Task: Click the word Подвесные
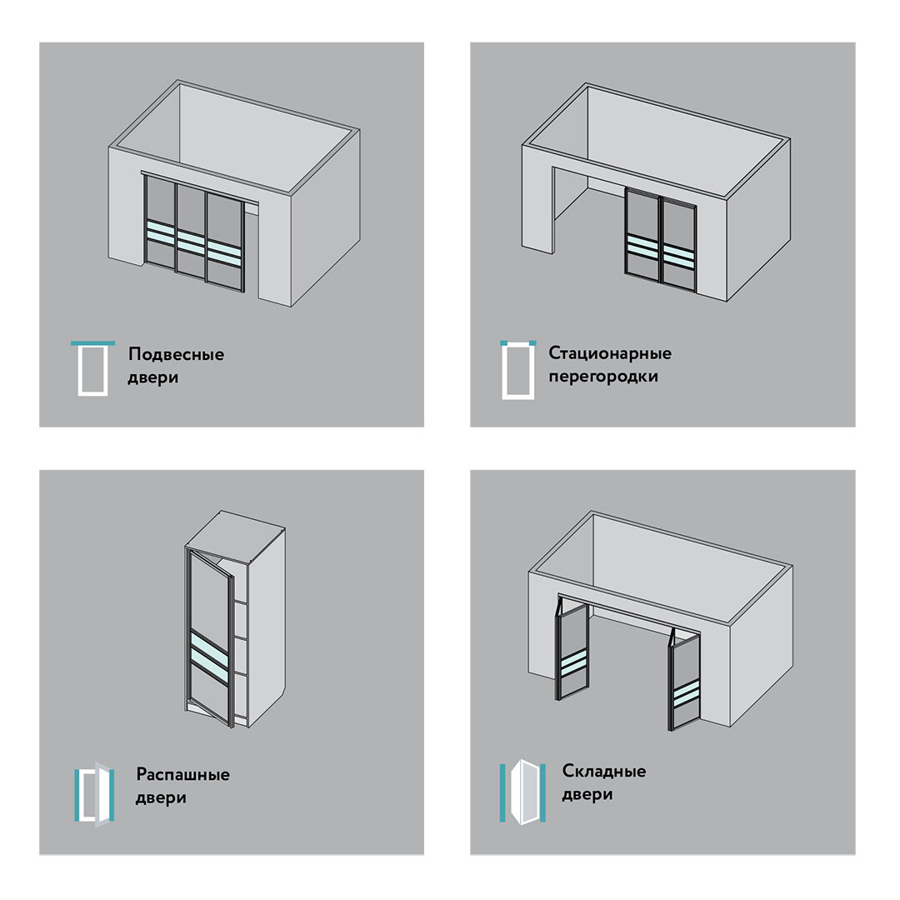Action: click(176, 355)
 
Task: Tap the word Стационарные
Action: click(609, 353)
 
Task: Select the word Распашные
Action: click(183, 775)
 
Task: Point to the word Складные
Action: click(604, 771)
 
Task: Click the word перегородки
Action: click(602, 377)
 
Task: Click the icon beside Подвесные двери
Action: click(92, 368)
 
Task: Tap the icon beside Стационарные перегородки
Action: click(517, 370)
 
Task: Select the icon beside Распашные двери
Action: click(95, 794)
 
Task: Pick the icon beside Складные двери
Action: click(522, 792)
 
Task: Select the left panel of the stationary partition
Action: click(642, 236)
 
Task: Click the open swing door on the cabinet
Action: click(210, 638)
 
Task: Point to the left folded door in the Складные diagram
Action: click(571, 648)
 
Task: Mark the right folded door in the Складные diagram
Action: click(684, 680)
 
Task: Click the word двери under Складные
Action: click(587, 795)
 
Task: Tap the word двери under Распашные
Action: click(161, 798)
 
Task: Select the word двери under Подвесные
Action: click(152, 378)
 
